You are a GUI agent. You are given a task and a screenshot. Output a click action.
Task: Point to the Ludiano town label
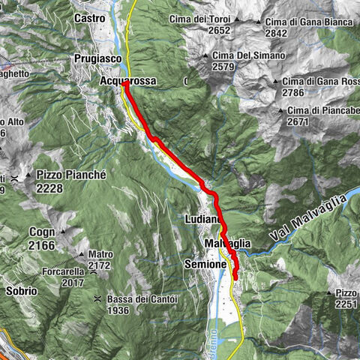point(201,219)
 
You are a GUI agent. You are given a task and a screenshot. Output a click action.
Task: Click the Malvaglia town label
point(226,244)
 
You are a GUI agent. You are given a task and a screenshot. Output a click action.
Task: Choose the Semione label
point(205,265)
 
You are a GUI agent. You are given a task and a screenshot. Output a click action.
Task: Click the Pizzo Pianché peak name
point(71,175)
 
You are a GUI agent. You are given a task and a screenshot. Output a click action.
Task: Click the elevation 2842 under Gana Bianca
point(277,32)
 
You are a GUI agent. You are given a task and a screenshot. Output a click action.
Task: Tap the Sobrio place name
point(21,289)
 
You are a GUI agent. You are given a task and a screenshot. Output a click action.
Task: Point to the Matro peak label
point(100,254)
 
